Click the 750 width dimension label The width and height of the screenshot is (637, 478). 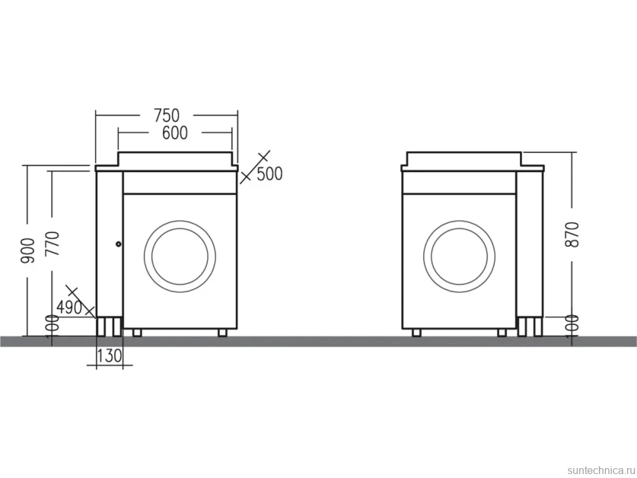tap(167, 116)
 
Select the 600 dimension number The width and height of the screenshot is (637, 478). tap(175, 133)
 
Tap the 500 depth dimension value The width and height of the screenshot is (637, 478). tap(270, 174)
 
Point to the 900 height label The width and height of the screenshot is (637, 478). tap(28, 251)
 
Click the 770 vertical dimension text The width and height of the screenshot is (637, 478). tap(53, 243)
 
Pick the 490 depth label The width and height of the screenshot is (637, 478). tap(69, 307)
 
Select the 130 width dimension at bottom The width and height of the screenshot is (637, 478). tap(109, 356)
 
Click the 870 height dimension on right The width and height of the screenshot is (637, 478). tap(572, 235)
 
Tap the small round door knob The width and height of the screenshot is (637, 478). tap(118, 244)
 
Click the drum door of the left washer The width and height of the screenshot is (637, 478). tap(180, 221)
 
